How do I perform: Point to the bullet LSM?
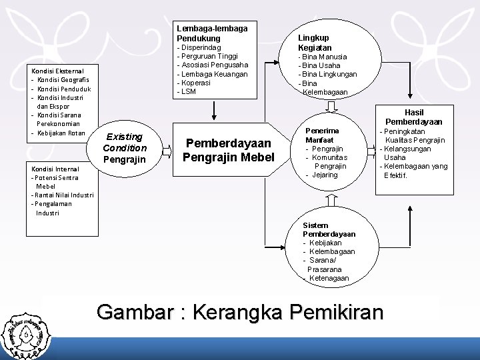pos(188,91)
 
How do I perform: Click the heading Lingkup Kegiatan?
pos(315,43)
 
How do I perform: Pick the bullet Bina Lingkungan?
pos(329,75)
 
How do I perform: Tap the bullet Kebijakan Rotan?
pos(61,133)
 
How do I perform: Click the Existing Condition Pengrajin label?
pos(125,148)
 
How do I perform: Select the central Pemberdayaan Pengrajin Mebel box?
pos(229,150)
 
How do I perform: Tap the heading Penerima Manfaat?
pos(322,135)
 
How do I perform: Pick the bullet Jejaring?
pos(325,175)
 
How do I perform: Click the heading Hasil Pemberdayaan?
pos(414,117)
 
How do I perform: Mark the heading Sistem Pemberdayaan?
pos(329,230)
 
